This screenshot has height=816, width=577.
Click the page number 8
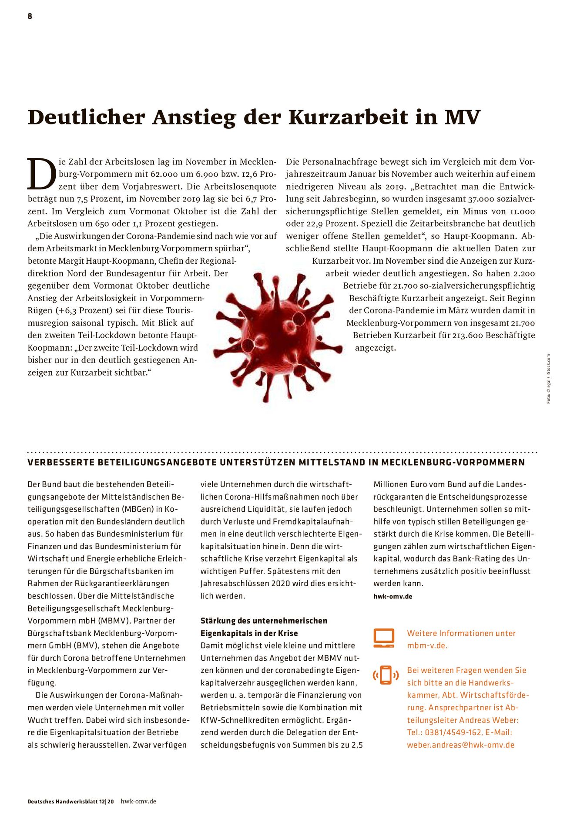click(30, 16)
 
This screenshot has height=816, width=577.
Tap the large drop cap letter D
click(42, 174)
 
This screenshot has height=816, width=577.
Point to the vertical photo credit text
click(548, 379)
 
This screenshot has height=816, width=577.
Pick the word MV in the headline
click(462, 118)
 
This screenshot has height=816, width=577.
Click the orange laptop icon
click(384, 638)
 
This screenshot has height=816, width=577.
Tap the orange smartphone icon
click(386, 675)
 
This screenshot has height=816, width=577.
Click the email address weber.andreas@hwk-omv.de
click(460, 745)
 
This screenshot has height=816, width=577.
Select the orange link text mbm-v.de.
click(427, 645)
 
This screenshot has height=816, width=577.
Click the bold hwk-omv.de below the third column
click(392, 596)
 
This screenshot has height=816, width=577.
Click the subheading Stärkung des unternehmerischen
click(264, 621)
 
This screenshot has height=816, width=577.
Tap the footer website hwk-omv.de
click(138, 801)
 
